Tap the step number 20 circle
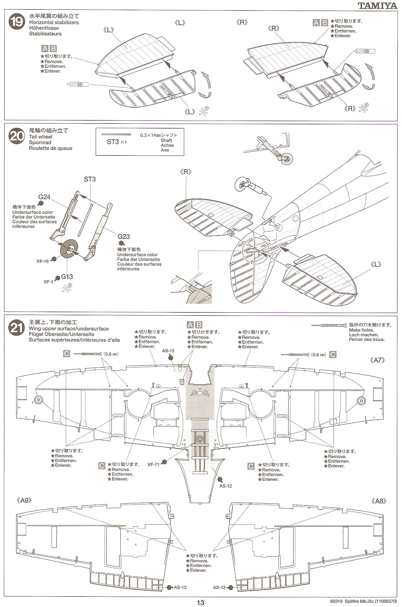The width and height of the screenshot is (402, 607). [17, 136]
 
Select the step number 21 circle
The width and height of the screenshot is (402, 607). [17, 328]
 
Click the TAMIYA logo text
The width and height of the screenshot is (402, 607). [377, 5]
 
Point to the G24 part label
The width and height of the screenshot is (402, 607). [44, 197]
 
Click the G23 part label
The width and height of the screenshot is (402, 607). [124, 237]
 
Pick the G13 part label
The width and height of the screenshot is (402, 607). [67, 277]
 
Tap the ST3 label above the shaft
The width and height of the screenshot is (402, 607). [90, 179]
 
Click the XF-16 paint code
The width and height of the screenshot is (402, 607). [42, 261]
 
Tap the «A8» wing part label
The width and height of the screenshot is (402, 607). [379, 501]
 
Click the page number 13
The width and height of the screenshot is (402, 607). [200, 603]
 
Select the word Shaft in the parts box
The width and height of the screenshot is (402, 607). [166, 140]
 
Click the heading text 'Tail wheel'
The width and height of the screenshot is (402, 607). [41, 137]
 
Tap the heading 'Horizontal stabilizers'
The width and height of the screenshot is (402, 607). [54, 23]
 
